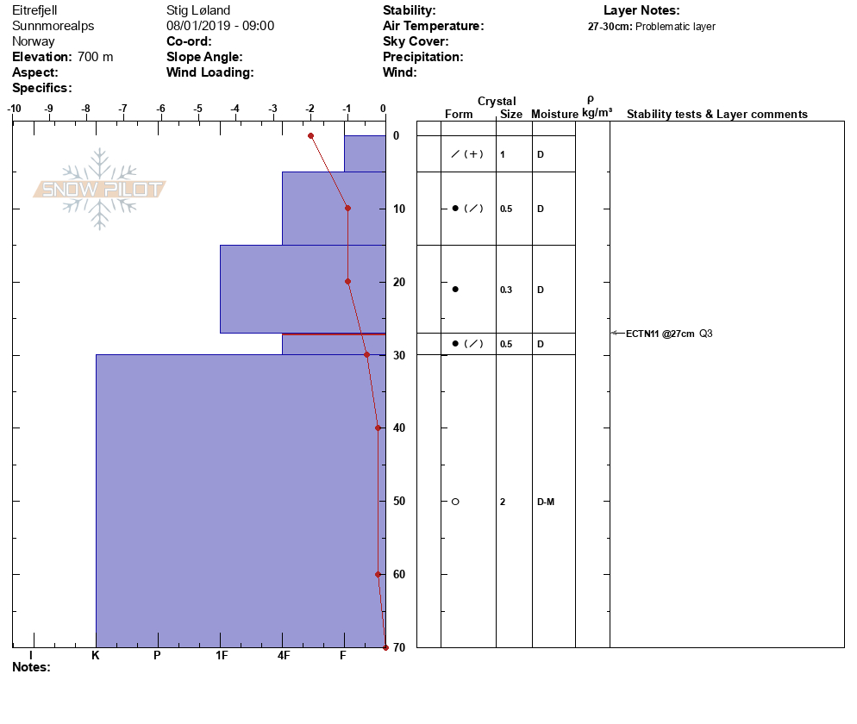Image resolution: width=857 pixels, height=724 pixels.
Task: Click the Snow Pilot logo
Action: click(100, 189)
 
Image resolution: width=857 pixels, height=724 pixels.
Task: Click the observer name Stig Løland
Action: click(198, 10)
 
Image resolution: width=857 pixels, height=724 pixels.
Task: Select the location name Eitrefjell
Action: click(34, 10)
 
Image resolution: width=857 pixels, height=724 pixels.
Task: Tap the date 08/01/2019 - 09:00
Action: click(220, 26)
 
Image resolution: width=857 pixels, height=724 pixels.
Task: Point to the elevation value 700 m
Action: click(95, 57)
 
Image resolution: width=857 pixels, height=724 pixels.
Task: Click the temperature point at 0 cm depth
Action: click(310, 135)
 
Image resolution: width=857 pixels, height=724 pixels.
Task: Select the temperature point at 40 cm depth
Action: click(378, 428)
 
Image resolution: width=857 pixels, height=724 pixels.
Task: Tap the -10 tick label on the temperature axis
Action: click(14, 109)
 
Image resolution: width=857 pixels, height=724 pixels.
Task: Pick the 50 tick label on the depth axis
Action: click(399, 502)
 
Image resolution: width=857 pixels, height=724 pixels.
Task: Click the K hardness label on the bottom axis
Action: click(95, 656)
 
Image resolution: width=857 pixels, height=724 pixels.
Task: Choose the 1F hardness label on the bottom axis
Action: click(222, 656)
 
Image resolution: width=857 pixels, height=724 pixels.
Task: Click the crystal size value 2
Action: click(503, 502)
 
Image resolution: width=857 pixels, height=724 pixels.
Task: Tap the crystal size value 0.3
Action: click(506, 290)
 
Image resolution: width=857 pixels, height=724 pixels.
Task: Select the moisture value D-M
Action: click(546, 502)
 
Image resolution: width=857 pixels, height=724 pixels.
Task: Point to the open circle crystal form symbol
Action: click(455, 502)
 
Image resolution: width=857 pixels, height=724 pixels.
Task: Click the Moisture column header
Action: click(554, 115)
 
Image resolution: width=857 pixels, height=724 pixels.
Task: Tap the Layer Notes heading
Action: click(641, 10)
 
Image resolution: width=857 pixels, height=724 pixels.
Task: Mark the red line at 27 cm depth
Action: click(334, 334)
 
